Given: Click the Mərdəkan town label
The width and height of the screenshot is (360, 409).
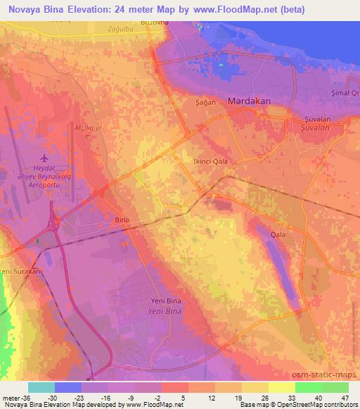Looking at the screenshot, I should click(249, 101).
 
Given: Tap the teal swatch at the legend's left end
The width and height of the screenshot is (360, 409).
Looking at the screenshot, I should click(41, 387).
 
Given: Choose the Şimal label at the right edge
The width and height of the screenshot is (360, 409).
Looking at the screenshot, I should click(349, 93).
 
